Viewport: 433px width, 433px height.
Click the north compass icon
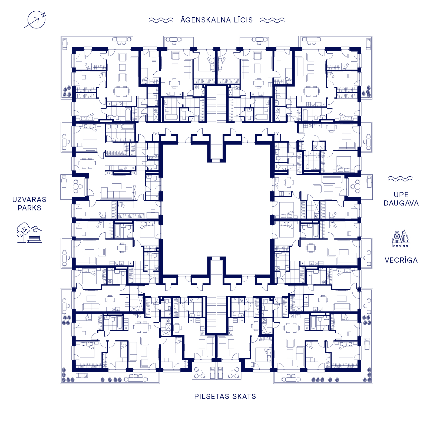coord(36,20)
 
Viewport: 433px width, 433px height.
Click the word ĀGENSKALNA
coord(206,20)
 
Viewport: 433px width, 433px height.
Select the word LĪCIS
coord(243,20)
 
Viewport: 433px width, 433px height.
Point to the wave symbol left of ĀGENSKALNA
coord(161,20)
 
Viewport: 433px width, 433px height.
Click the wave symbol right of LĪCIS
coord(272,20)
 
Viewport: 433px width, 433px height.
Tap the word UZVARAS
coord(29,200)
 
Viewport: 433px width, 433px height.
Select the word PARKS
coord(29,208)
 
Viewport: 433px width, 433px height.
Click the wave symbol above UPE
coord(400,179)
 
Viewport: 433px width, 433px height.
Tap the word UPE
coord(401,195)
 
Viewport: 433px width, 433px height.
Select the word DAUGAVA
coord(401,203)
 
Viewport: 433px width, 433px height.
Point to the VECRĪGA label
coord(401,260)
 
